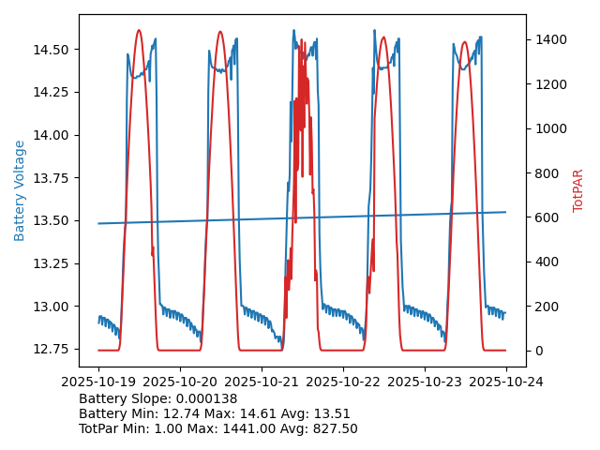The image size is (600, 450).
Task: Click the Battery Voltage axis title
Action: click(20, 190)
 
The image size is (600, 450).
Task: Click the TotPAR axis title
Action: click(578, 190)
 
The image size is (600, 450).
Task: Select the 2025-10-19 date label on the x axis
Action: click(98, 382)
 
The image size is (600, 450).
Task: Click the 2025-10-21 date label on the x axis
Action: click(262, 382)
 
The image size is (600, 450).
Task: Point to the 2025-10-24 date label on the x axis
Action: click(506, 382)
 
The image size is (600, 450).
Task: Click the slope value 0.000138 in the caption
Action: click(206, 398)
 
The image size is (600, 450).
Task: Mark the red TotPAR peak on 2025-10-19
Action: click(139, 30)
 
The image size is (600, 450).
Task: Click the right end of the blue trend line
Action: click(506, 212)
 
